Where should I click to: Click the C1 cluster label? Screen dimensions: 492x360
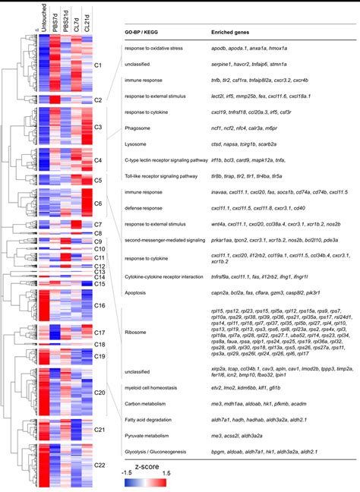click(97, 66)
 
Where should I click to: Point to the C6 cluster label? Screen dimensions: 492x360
click(97, 203)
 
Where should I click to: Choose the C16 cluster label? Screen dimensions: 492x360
click(99, 305)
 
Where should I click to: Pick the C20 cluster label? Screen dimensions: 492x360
click(99, 393)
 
